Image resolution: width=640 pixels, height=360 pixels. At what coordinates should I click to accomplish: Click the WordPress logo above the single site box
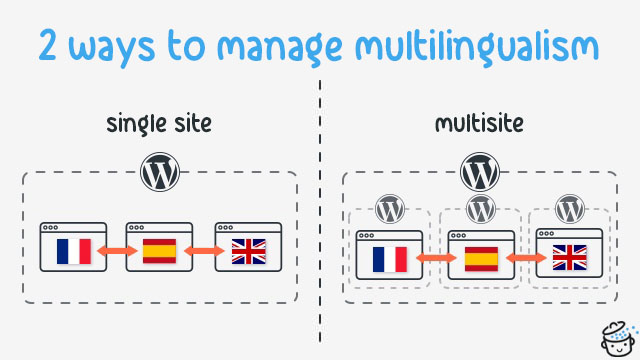[x=160, y=172]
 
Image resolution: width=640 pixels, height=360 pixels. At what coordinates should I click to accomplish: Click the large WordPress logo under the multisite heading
[x=480, y=172]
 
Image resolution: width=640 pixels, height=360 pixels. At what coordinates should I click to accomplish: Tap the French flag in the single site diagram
[x=72, y=251]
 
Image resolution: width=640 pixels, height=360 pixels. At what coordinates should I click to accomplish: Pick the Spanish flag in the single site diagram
[x=159, y=251]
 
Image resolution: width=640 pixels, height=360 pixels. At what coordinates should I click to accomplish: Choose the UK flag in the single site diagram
[x=248, y=251]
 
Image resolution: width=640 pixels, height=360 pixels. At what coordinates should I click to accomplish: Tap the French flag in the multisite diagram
[x=390, y=259]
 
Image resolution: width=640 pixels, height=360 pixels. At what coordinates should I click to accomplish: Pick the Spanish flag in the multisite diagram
[x=481, y=259]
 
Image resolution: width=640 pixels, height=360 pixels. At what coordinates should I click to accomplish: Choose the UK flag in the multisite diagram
[x=570, y=259]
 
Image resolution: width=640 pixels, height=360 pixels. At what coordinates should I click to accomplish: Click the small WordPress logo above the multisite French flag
[x=390, y=210]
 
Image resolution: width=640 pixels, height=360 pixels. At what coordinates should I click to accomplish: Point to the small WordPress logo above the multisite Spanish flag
[x=481, y=210]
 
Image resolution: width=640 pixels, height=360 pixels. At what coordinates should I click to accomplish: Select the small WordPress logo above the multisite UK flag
[x=570, y=210]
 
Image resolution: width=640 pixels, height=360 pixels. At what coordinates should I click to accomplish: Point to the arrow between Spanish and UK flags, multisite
[x=526, y=260]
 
